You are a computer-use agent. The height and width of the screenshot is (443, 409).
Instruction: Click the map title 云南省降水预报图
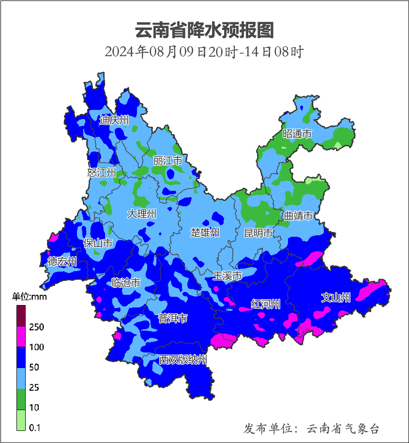click(x=204, y=30)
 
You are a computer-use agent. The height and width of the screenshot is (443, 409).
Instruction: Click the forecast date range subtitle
click(x=204, y=52)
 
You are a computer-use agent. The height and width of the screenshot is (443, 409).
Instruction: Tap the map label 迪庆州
click(x=114, y=120)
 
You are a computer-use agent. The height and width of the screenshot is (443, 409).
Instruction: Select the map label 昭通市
click(x=297, y=134)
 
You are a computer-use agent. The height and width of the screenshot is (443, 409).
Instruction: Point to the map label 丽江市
click(x=167, y=160)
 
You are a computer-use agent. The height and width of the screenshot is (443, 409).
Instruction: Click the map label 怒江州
click(x=102, y=172)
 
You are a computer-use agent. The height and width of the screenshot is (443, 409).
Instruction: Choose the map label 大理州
click(x=142, y=214)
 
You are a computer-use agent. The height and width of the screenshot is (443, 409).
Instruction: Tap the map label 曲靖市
click(x=298, y=216)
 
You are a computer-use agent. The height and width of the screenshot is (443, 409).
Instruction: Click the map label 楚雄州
click(x=205, y=233)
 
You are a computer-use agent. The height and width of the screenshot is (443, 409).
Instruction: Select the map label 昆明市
click(x=258, y=233)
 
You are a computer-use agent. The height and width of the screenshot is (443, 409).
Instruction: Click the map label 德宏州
click(x=62, y=262)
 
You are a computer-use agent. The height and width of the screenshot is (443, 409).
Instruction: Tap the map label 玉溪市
click(x=227, y=276)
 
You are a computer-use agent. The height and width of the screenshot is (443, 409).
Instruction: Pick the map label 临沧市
click(x=126, y=283)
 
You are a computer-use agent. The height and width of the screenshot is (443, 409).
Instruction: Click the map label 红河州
click(x=266, y=304)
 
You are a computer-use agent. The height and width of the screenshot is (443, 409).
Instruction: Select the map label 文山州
click(x=336, y=298)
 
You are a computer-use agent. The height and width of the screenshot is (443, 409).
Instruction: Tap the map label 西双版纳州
click(x=183, y=360)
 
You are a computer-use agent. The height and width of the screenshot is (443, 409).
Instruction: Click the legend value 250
click(x=36, y=327)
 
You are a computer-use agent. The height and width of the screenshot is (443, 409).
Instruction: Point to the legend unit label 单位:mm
click(x=30, y=297)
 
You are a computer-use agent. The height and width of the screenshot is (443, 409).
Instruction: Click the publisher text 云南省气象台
click(x=343, y=428)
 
